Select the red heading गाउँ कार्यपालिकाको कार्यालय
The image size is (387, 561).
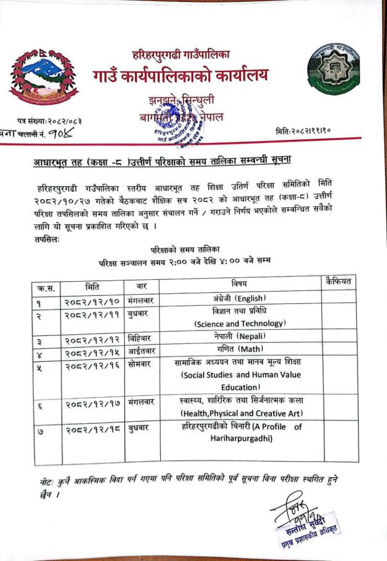pos(181,76)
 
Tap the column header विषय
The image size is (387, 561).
pos(240,284)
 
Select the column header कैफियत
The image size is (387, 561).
pos(338,282)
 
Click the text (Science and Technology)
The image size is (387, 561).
pos(239,323)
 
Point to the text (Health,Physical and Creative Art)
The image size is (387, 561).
pos(241,412)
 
